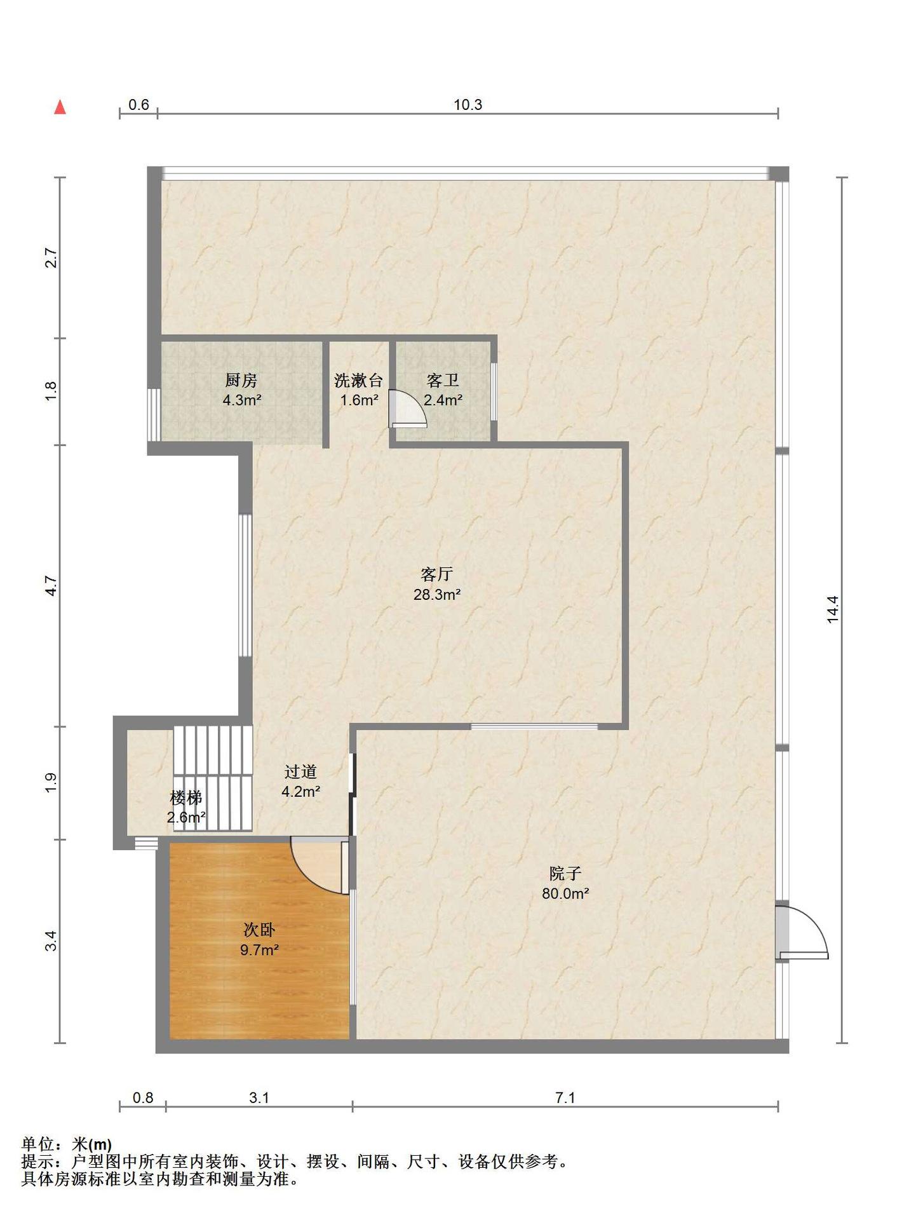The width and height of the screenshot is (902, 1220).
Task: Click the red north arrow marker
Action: [x=60, y=107]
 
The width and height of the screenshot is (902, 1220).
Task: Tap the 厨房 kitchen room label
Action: [x=241, y=381]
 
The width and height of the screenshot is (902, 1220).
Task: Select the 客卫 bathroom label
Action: [x=443, y=381]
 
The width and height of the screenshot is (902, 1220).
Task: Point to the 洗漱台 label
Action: [x=359, y=381]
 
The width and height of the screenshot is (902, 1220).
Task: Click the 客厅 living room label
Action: [x=437, y=574]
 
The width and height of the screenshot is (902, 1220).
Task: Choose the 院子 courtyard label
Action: [x=565, y=873]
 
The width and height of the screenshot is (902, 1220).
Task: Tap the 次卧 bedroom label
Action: [x=259, y=930]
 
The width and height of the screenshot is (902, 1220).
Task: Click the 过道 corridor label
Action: [x=300, y=771]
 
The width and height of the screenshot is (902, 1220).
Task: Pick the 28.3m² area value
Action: [x=437, y=595]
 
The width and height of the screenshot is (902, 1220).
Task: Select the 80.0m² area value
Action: [x=565, y=893]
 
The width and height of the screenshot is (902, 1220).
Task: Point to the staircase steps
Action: [x=213, y=778]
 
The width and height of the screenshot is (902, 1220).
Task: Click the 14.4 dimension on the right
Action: [x=833, y=609]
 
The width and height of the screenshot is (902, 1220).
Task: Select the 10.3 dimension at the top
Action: [x=468, y=105]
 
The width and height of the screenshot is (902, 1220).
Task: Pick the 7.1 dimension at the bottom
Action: [x=565, y=1098]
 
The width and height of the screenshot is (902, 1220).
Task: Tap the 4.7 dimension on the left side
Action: [x=51, y=586]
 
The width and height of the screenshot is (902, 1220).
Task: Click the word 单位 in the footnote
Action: [x=37, y=1144]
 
